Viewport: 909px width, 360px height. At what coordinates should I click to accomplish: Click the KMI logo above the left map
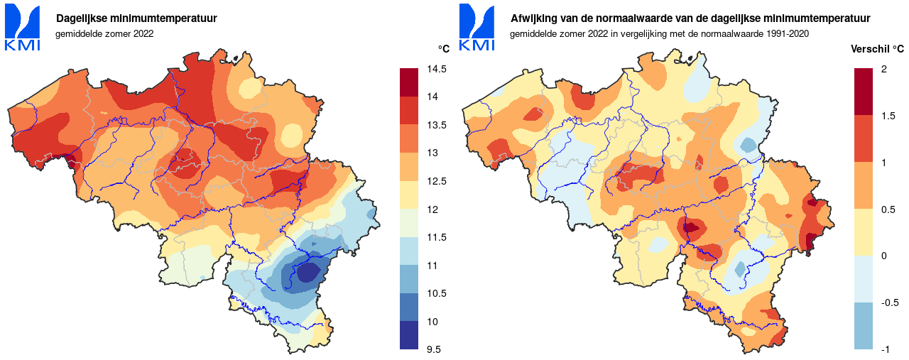pyautogui.click(x=22, y=28)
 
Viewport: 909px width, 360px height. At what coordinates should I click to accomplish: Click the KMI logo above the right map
pyautogui.click(x=477, y=28)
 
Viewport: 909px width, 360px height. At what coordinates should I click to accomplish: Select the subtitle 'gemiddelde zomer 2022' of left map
pyautogui.click(x=104, y=33)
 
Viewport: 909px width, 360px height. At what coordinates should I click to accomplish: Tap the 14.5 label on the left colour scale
pyautogui.click(x=436, y=69)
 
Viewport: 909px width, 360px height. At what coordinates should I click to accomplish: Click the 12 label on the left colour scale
pyautogui.click(x=432, y=209)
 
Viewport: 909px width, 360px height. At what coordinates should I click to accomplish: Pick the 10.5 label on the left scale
pyautogui.click(x=436, y=293)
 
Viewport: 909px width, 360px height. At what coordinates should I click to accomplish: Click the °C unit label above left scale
pyautogui.click(x=443, y=48)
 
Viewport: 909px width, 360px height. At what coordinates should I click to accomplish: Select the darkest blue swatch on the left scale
pyautogui.click(x=410, y=335)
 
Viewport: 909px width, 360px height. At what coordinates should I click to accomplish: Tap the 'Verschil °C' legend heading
pyautogui.click(x=878, y=49)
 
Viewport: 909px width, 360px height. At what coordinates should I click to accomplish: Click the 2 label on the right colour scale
pyautogui.click(x=883, y=69)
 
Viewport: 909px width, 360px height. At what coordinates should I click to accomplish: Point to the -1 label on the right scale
pyautogui.click(x=886, y=349)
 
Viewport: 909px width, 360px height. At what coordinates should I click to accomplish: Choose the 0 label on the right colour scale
pyautogui.click(x=883, y=256)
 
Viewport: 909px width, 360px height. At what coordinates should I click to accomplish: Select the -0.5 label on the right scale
pyautogui.click(x=889, y=302)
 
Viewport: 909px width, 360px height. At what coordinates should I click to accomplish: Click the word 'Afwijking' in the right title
pyautogui.click(x=533, y=18)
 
